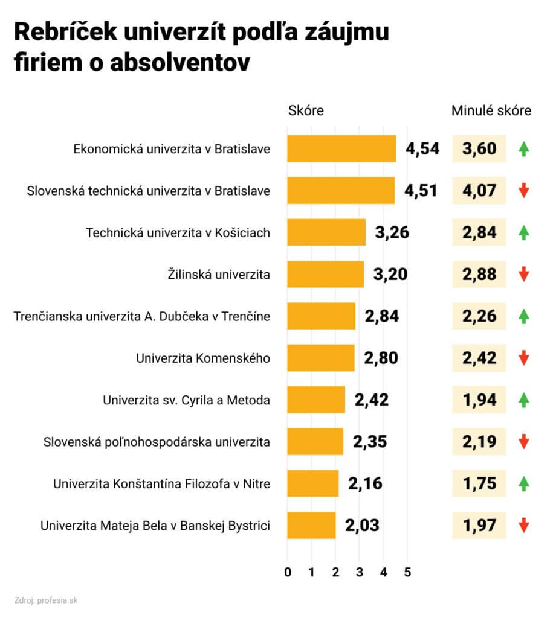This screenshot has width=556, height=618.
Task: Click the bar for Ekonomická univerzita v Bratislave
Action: (x=341, y=148)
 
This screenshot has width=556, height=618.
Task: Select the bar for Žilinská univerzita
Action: (x=325, y=274)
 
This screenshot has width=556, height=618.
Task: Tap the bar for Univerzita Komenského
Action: (x=320, y=358)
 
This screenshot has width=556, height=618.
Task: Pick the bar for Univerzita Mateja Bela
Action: (x=311, y=525)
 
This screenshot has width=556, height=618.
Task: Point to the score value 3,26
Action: (x=392, y=232)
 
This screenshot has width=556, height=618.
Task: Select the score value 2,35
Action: (x=370, y=441)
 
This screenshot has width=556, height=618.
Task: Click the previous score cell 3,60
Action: (x=479, y=148)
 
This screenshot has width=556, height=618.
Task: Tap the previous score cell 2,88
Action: (x=479, y=274)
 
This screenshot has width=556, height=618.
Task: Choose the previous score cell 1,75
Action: (x=479, y=483)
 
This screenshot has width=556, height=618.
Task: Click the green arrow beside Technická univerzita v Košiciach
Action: (x=524, y=232)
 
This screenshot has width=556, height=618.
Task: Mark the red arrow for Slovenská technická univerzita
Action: (x=524, y=191)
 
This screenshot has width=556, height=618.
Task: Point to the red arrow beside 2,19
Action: (x=524, y=441)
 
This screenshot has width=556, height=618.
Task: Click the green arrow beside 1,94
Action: (x=524, y=400)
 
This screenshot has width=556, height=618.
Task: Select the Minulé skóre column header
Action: (x=491, y=111)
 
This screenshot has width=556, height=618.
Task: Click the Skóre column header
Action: (x=306, y=111)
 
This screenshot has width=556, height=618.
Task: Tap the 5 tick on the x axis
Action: (x=407, y=572)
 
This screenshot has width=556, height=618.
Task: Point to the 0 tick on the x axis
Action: (x=288, y=572)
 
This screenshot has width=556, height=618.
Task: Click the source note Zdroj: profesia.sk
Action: (x=46, y=600)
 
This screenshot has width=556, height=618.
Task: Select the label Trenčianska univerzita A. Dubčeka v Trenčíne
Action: (x=142, y=316)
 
